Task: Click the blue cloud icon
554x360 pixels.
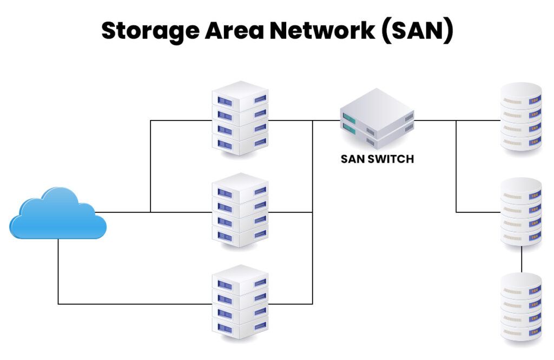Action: pos(58,214)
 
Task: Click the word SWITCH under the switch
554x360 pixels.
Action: pos(392,159)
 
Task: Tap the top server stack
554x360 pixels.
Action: pos(240,118)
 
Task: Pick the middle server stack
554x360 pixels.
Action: pos(240,210)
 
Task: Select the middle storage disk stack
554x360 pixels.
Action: pos(521,212)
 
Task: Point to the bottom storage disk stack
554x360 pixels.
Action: pos(521,306)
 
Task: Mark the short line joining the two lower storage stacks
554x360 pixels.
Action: pos(522,259)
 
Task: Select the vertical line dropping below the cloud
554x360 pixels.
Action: pos(58,270)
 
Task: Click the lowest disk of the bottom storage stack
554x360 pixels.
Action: pos(521,331)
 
